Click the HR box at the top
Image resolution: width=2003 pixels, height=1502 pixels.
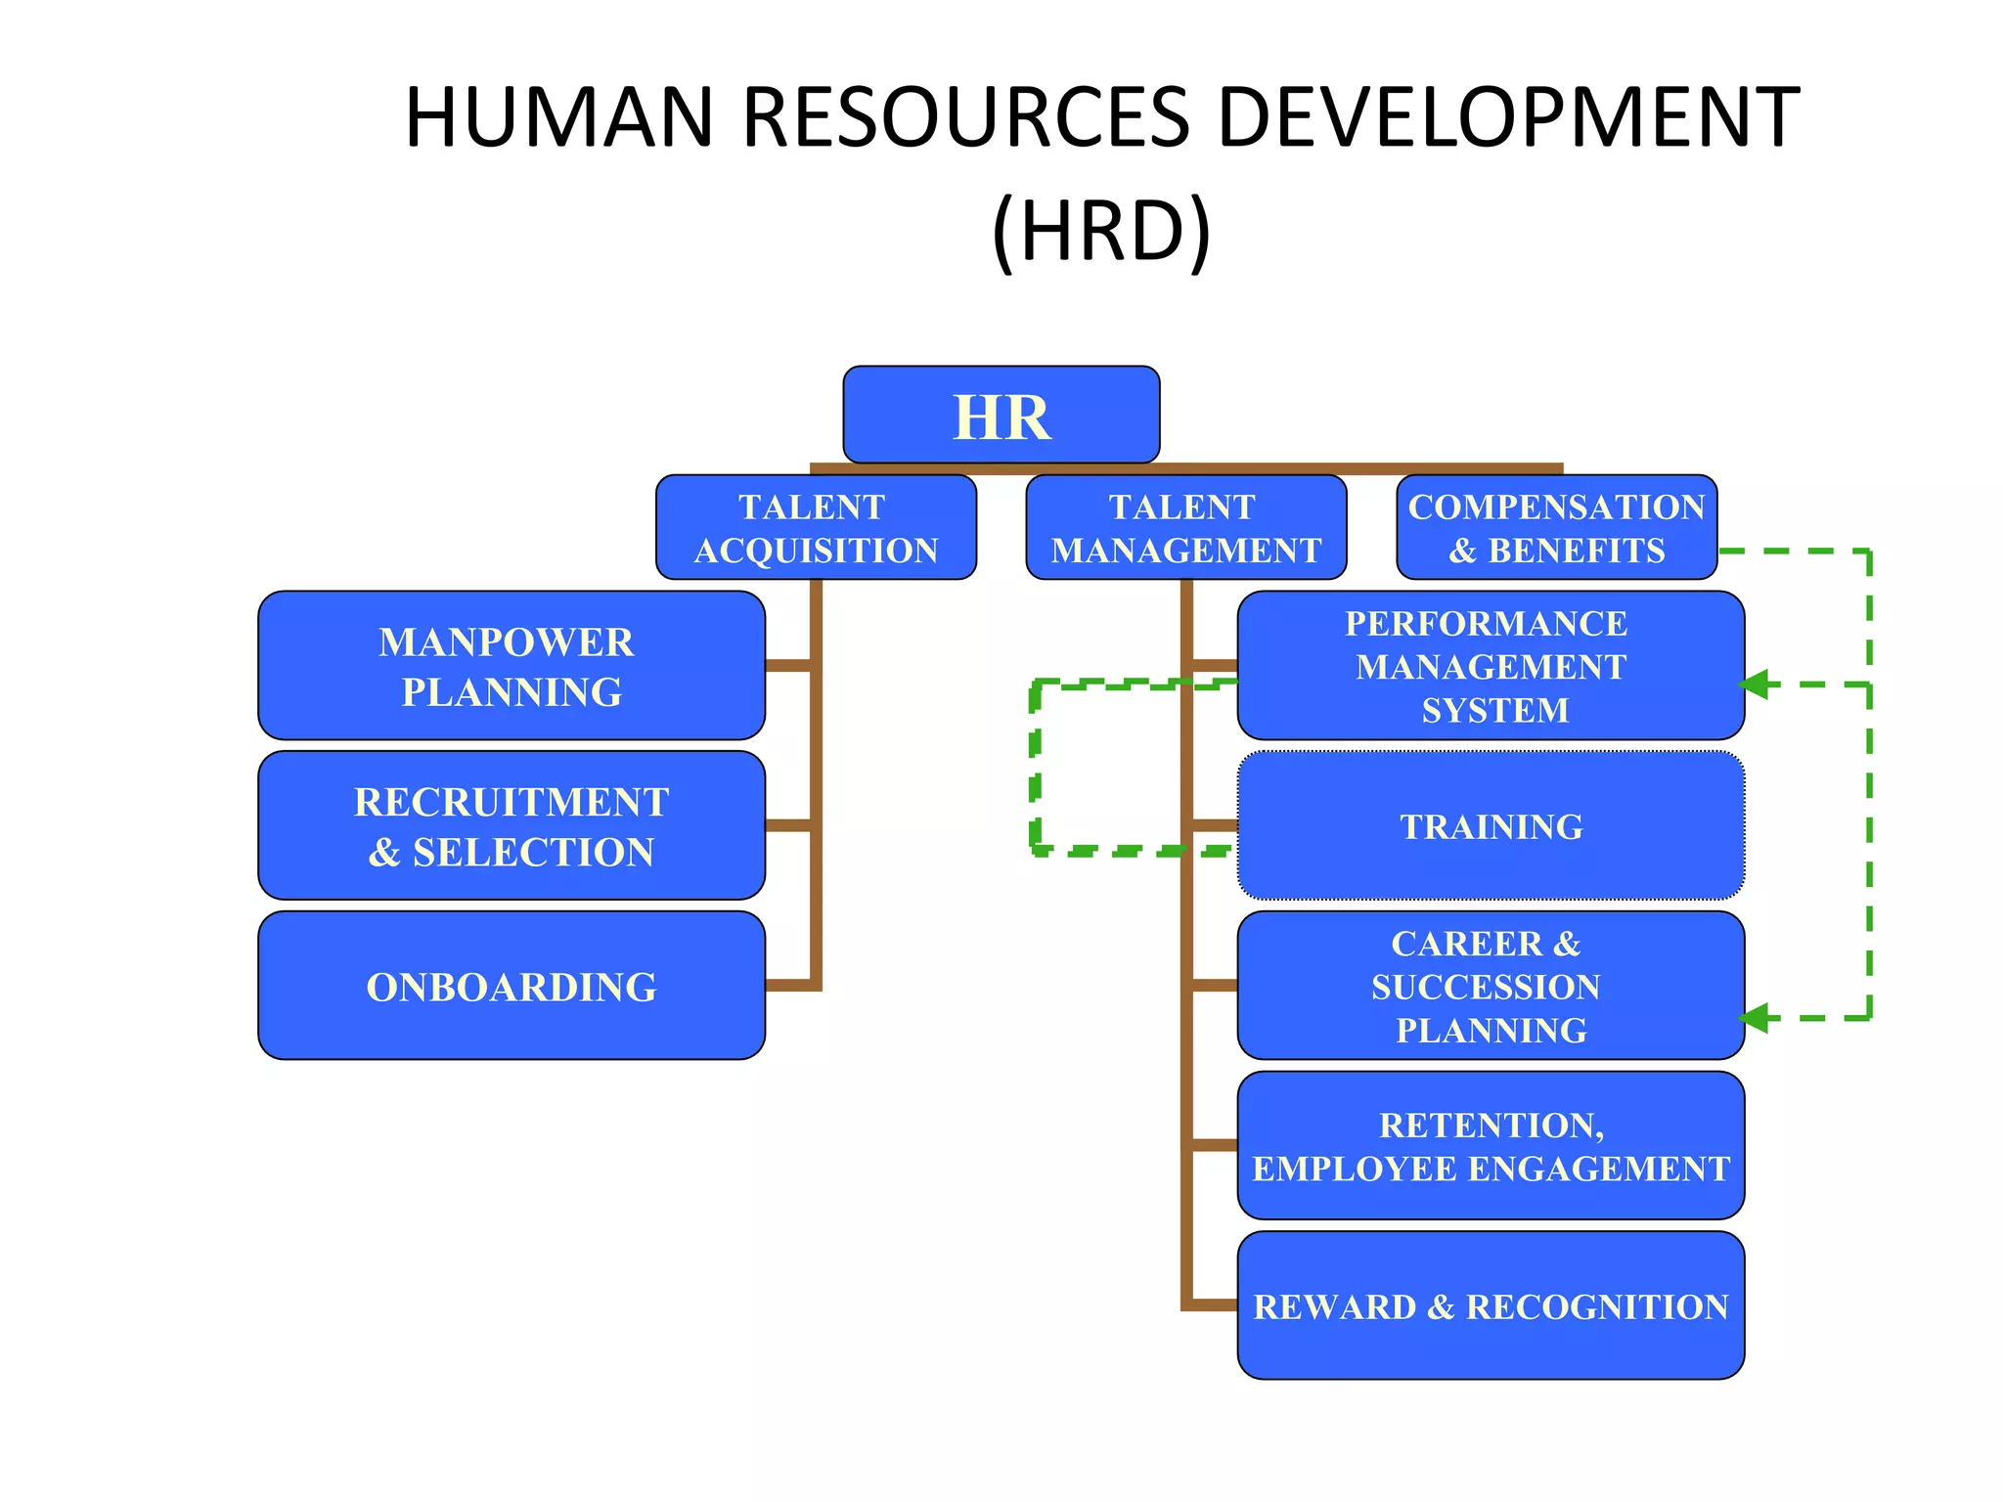tap(1001, 415)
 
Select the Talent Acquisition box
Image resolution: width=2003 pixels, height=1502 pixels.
tap(816, 528)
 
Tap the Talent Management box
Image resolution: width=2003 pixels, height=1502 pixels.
tap(1185, 528)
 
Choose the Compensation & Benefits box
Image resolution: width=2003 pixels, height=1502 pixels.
tap(1556, 528)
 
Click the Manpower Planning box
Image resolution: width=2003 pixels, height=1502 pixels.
tap(511, 666)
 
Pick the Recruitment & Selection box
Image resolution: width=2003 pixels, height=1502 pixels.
tap(511, 826)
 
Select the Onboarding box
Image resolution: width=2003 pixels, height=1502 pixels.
tap(511, 986)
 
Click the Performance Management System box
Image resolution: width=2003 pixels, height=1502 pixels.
tap(1491, 666)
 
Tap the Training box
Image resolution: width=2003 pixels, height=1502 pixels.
tap(1491, 826)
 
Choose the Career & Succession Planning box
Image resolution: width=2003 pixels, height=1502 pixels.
tap(1491, 986)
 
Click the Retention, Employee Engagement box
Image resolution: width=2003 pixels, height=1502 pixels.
tap(1491, 1146)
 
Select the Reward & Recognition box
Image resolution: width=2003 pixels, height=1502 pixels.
tap(1491, 1305)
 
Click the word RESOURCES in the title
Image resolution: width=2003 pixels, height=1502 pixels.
tap(965, 117)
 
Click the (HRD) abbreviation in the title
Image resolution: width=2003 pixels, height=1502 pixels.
tap(1101, 231)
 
